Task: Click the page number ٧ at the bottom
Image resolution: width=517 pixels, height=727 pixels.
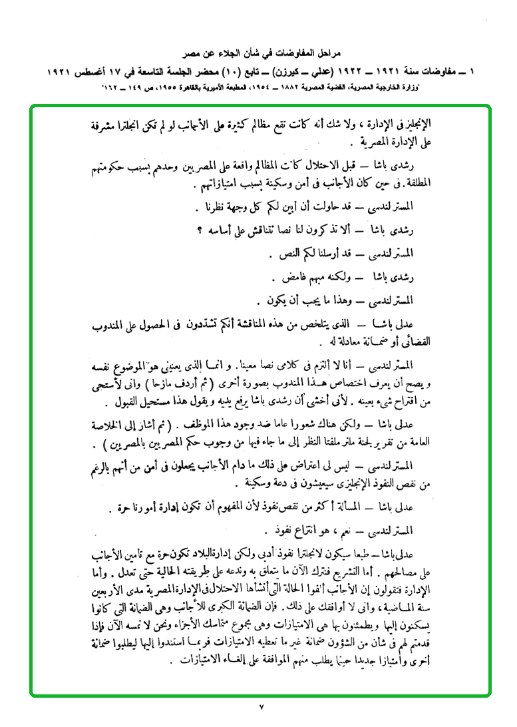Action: tap(261, 706)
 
